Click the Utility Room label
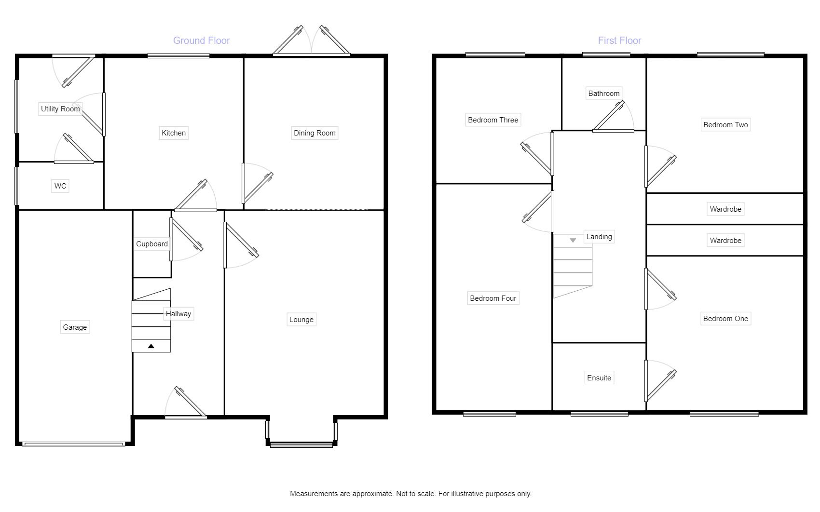60,109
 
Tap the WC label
60,186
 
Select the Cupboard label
152,244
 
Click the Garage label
75,327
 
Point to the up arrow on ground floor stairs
151,346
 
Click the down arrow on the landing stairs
573,240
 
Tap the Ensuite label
599,378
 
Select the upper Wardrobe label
725,209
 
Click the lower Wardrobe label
725,241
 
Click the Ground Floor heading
201,40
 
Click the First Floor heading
619,40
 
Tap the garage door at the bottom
74,444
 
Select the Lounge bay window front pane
301,445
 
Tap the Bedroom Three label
493,120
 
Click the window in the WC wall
17,186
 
